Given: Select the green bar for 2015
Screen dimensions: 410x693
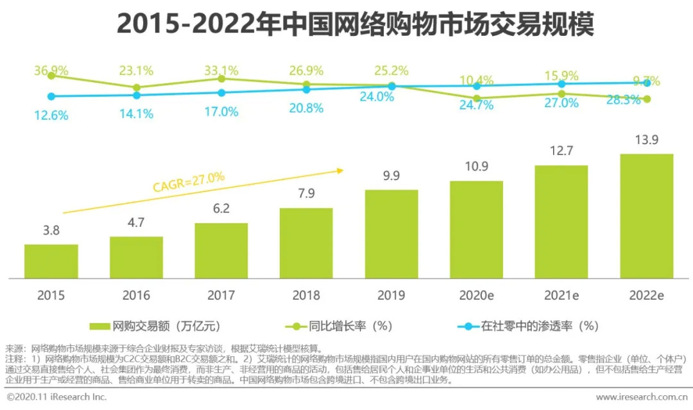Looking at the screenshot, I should coord(51,261).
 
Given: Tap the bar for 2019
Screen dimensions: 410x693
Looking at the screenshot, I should coord(391,234).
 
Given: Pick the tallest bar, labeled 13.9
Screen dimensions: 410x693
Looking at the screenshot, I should coord(646,216).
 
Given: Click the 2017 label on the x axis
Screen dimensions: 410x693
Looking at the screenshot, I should coord(221,295).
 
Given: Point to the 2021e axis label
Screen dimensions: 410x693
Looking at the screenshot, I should coord(561,295).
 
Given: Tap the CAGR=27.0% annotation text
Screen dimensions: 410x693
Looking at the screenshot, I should coord(189,182).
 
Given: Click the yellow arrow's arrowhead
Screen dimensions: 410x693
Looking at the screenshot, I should coord(341,170).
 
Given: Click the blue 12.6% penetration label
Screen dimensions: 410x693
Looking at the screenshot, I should coord(51,115).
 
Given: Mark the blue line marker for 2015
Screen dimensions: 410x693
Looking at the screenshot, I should coord(51,96).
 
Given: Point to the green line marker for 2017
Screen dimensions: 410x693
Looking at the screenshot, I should coord(221,78).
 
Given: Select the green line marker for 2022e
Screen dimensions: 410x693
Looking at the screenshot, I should coord(647,99).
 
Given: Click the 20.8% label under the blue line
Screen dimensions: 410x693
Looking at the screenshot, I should coord(306,108).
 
